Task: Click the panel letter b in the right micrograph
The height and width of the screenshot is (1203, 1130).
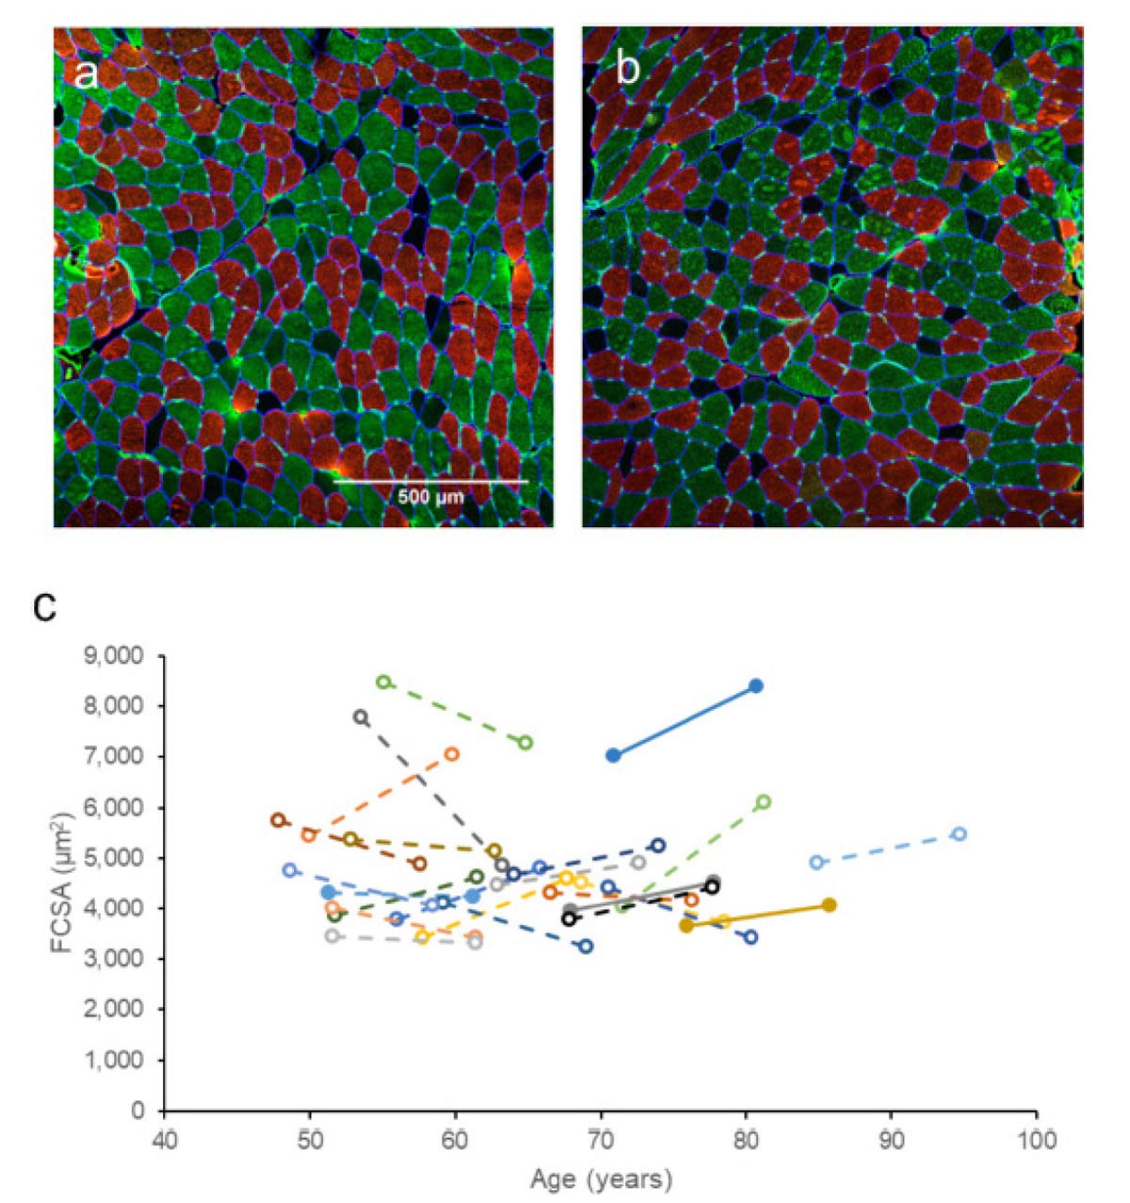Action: [x=627, y=70]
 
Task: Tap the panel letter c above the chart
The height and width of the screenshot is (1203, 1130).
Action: [x=45, y=608]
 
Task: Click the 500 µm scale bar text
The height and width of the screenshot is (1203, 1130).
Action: [x=430, y=496]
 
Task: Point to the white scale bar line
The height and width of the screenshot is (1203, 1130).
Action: [x=430, y=482]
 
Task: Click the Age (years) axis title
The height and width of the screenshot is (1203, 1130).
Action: [x=601, y=1178]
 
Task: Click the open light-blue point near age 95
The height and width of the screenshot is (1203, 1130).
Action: [x=960, y=834]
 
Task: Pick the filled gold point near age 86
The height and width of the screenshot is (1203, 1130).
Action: [x=829, y=905]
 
